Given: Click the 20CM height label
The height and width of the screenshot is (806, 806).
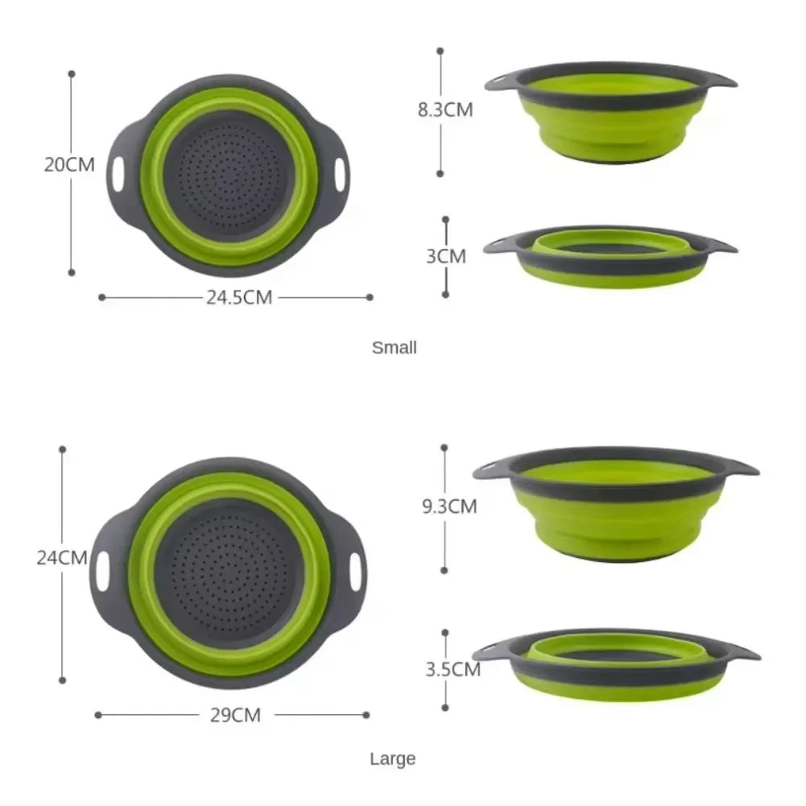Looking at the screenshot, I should coord(69,165).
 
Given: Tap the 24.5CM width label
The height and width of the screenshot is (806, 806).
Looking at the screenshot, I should coord(239,298).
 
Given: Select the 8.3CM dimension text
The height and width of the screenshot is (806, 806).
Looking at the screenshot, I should coord(445,110).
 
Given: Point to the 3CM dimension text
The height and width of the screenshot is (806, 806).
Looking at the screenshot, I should coord(446,257).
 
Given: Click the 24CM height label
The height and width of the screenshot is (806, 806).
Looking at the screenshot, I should coord(62,557).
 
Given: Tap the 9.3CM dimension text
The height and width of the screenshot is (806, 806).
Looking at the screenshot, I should coord(449,506).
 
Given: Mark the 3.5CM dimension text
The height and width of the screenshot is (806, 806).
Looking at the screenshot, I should coord(453,669).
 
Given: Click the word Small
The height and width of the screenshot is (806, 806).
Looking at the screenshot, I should coord(395,348).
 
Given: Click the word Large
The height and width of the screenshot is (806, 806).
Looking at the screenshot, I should coord(393,758).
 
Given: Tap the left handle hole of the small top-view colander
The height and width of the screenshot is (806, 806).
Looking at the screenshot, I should coord(119,176).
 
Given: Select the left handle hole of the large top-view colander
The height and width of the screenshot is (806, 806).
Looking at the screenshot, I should coord(102,570).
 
